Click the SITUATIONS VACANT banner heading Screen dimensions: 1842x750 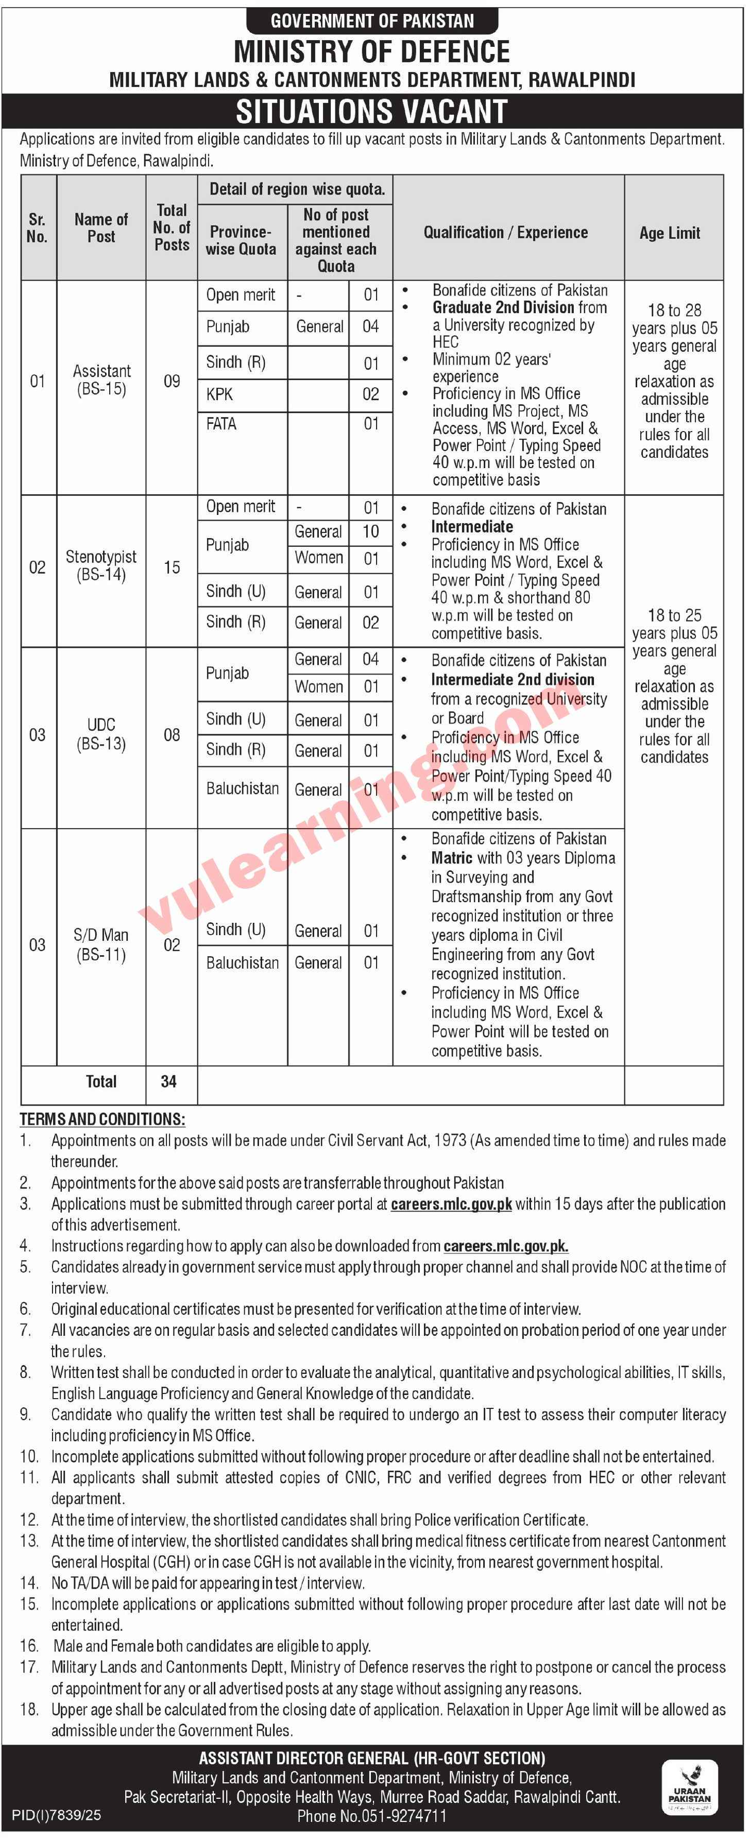pyautogui.click(x=372, y=112)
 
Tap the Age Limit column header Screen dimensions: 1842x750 pyautogui.click(x=669, y=233)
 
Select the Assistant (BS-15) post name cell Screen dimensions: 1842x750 pyautogui.click(x=101, y=380)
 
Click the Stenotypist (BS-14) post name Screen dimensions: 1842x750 pyautogui.click(x=101, y=565)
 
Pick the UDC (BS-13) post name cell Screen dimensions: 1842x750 pyautogui.click(x=101, y=734)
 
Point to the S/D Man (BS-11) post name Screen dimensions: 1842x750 pyautogui.click(x=101, y=944)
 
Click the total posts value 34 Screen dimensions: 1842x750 pyautogui.click(x=169, y=1081)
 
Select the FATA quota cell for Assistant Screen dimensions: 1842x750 pyautogui.click(x=221, y=424)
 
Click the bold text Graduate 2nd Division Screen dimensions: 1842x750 pyautogui.click(x=503, y=307)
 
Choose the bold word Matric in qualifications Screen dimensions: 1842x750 pyautogui.click(x=451, y=857)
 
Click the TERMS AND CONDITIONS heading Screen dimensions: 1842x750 pyautogui.click(x=102, y=1119)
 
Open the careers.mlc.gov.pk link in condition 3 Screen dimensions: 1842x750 pyautogui.click(x=451, y=1203)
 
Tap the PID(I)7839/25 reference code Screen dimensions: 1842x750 pyautogui.click(x=58, y=1815)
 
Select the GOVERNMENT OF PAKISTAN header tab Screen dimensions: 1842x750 pyautogui.click(x=372, y=21)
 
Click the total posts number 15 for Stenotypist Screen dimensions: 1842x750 pyautogui.click(x=172, y=567)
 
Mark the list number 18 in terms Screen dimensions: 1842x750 pyautogui.click(x=29, y=1709)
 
